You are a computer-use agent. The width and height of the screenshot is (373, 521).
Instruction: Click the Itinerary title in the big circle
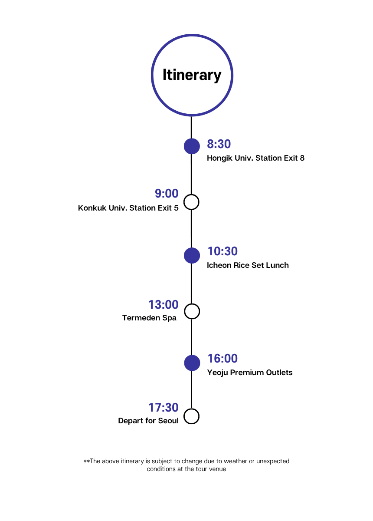click(192, 75)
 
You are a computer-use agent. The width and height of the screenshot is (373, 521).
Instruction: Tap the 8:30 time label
click(219, 144)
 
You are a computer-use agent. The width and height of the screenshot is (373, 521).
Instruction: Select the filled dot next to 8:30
click(192, 146)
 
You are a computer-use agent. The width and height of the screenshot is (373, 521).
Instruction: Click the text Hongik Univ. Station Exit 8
click(255, 158)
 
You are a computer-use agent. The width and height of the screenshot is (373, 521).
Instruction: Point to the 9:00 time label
click(167, 193)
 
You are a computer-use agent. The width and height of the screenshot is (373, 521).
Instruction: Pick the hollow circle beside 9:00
click(191, 202)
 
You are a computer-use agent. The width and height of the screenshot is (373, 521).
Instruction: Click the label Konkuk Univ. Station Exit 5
click(128, 208)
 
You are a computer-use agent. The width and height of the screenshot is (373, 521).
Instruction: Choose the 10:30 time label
click(222, 251)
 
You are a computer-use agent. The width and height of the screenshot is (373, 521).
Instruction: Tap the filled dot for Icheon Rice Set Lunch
click(192, 255)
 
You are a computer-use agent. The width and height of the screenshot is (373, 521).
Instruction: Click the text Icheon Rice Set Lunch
click(248, 265)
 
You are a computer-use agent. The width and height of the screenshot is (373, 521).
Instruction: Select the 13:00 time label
click(164, 305)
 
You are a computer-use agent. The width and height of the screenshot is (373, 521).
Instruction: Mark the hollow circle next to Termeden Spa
click(192, 311)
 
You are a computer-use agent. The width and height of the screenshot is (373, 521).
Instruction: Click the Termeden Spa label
click(149, 318)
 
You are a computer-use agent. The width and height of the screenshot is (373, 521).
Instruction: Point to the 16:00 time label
click(222, 359)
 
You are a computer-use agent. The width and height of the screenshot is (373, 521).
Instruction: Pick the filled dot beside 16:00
click(192, 363)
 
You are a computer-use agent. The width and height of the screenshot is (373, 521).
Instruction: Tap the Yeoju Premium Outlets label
click(249, 373)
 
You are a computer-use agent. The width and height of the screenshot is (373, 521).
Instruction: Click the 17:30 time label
click(164, 408)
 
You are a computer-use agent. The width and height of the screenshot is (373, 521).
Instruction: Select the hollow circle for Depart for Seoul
click(191, 416)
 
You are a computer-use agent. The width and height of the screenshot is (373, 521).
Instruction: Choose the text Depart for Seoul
click(148, 421)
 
